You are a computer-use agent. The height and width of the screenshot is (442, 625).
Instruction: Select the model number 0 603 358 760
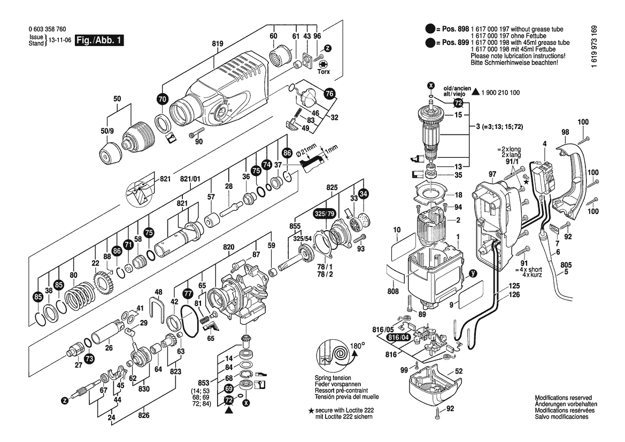[x=47, y=30]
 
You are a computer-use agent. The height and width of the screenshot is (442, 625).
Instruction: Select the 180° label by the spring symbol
[x=358, y=346]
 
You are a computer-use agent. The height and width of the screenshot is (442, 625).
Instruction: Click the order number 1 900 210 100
[x=500, y=93]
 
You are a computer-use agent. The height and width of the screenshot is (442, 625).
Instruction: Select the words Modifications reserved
[x=563, y=398]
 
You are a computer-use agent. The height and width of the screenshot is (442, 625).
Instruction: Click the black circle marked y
[x=472, y=273]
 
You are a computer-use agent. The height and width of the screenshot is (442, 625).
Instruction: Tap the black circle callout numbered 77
[x=187, y=294]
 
